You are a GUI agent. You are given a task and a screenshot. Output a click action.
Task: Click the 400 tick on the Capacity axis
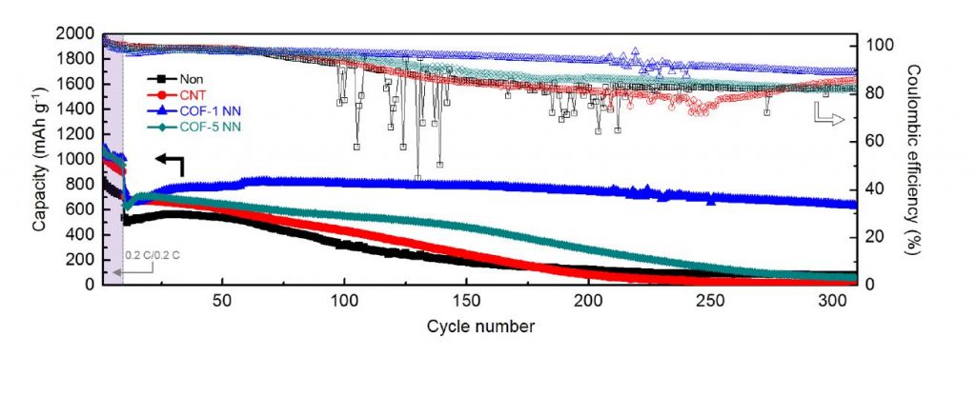pyautogui.click(x=84, y=234)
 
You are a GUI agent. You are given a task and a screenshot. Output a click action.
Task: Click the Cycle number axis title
pyautogui.click(x=479, y=326)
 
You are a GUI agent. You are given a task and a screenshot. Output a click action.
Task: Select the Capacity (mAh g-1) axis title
pyautogui.click(x=39, y=158)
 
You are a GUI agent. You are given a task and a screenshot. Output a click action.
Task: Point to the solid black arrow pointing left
pyautogui.click(x=168, y=164)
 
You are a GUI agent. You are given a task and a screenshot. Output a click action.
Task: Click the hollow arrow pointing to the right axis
pyautogui.click(x=827, y=116)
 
